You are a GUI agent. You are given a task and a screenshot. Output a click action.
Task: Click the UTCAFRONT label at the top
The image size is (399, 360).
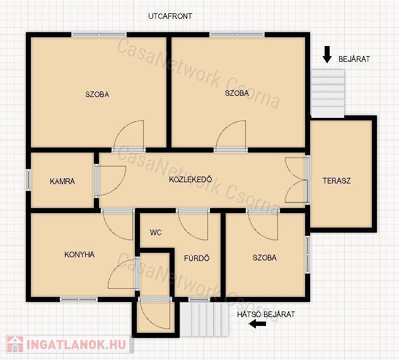[x=170, y=16]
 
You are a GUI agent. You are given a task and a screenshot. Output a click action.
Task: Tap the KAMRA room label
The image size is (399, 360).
[x=62, y=182]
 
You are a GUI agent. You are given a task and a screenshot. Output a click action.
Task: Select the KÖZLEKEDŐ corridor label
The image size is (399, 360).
[x=190, y=179]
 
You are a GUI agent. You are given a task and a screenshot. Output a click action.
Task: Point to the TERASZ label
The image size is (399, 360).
[x=337, y=181]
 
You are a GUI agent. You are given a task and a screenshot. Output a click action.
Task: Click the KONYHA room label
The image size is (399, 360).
[x=79, y=254]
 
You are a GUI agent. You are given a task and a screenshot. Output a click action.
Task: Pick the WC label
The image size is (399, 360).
[x=156, y=232]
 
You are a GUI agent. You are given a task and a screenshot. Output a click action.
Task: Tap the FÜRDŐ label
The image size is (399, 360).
[x=197, y=258]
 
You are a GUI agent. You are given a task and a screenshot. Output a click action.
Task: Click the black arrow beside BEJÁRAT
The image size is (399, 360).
[x=327, y=54]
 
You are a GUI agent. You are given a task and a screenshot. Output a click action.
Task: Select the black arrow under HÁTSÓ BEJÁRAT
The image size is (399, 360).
[x=258, y=324]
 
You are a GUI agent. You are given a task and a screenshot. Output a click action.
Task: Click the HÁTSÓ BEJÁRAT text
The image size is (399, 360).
[x=266, y=314]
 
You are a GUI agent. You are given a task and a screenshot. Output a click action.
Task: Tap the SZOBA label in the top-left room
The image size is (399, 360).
[x=97, y=95]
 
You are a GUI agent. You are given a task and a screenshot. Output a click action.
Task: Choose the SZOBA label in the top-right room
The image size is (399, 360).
[x=236, y=93]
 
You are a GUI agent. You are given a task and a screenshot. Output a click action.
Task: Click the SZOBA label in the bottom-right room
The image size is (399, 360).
[x=264, y=258]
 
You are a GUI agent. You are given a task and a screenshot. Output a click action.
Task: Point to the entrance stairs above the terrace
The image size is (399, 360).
[x=328, y=93]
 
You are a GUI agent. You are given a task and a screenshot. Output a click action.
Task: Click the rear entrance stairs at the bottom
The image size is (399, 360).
[x=204, y=319]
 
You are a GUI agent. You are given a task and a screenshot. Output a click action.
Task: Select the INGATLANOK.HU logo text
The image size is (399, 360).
[x=76, y=345]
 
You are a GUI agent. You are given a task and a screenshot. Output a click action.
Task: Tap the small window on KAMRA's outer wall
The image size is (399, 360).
[x=28, y=180]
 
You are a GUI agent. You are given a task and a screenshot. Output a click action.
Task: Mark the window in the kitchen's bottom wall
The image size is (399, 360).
[x=79, y=299]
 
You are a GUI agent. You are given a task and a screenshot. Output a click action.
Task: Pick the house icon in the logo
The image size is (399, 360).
[x=14, y=344]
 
